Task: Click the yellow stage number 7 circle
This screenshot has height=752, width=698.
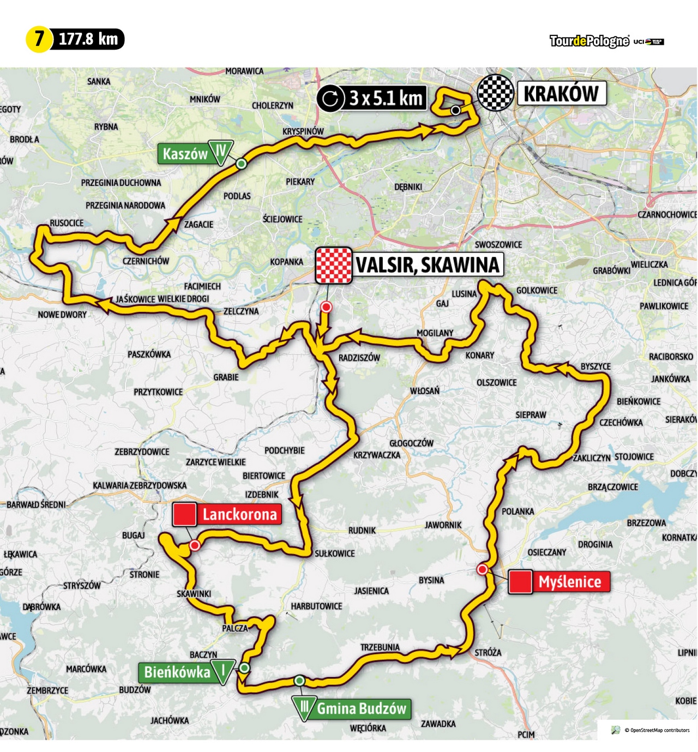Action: (x=39, y=39)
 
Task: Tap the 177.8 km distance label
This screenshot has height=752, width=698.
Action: (x=88, y=39)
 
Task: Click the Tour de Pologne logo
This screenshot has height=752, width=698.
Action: (x=589, y=41)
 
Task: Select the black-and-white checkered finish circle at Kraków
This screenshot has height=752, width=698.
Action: (x=495, y=93)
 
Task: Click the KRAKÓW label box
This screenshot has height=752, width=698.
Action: (x=561, y=94)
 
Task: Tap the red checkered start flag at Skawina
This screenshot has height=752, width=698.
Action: (x=333, y=266)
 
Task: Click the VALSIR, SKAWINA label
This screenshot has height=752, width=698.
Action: (x=428, y=265)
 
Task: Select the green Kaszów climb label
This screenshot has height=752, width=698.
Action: (x=185, y=154)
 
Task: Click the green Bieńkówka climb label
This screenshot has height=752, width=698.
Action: (x=177, y=672)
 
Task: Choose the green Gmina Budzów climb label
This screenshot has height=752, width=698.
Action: (x=362, y=709)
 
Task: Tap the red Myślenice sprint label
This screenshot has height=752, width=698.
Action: (x=570, y=582)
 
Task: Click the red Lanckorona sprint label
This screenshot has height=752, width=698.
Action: (x=239, y=514)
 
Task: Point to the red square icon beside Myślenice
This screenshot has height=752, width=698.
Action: (x=520, y=582)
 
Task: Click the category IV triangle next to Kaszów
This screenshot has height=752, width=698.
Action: (x=221, y=152)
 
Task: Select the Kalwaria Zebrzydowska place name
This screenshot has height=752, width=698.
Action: (x=140, y=485)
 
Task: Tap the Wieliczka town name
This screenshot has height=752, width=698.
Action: (x=649, y=264)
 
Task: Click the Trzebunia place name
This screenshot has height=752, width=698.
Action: (x=380, y=647)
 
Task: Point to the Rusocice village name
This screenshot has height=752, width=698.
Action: (x=67, y=223)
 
